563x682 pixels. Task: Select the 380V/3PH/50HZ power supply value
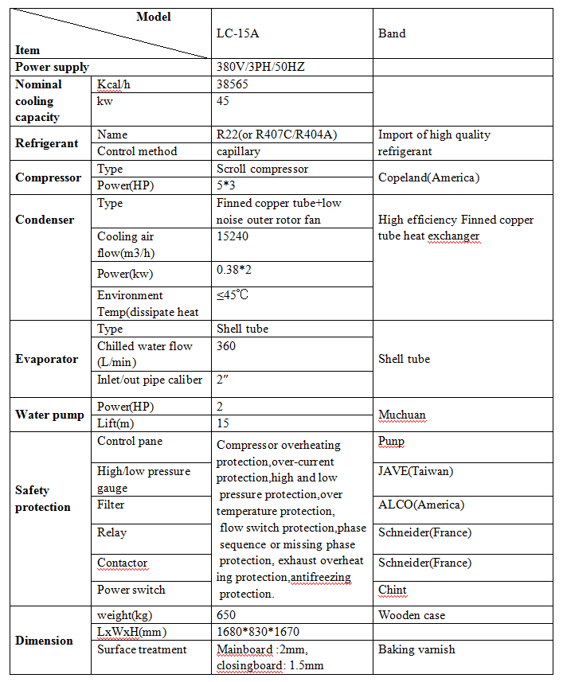[260, 67]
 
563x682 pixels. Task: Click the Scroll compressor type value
[262, 169]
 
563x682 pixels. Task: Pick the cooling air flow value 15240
[233, 236]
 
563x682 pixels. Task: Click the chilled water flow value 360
[227, 346]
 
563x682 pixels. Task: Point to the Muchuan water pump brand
[402, 415]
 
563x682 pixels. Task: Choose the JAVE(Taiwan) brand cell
[415, 471]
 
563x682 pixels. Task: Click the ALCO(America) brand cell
[420, 505]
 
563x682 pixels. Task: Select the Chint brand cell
[393, 590]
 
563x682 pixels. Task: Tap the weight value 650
[227, 615]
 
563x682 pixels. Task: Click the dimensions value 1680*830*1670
[258, 632]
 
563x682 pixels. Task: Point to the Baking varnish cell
[416, 649]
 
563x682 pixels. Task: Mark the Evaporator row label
[47, 359]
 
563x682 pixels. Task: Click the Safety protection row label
[43, 499]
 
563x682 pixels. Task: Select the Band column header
[392, 33]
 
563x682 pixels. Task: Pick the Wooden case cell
[412, 615]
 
